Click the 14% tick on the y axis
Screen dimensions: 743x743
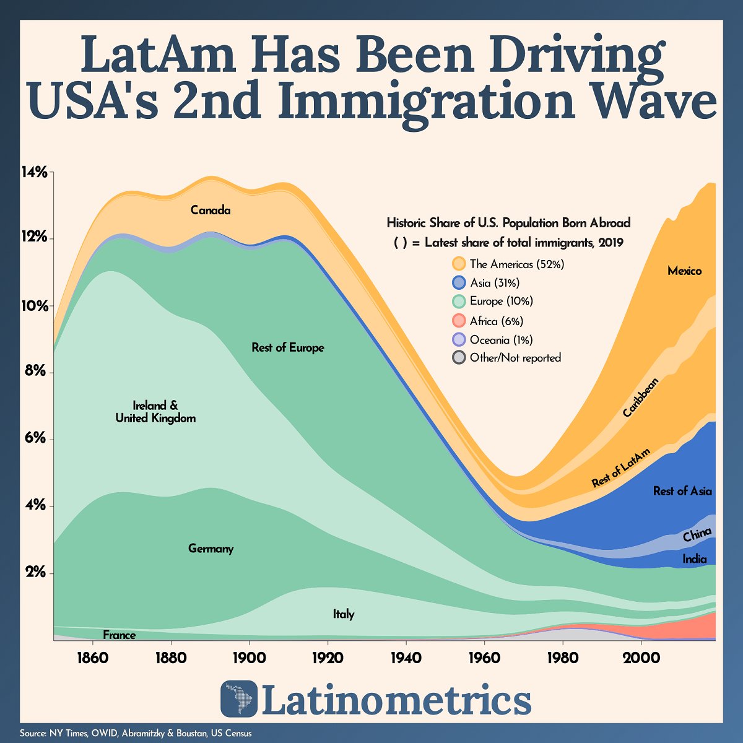point(35,172)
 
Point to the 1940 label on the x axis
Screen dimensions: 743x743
point(406,656)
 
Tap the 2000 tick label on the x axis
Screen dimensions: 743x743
point(641,656)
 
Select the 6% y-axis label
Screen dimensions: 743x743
point(35,439)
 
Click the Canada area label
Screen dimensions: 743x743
point(211,211)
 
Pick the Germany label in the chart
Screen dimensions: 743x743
point(211,549)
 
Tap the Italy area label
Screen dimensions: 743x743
point(344,614)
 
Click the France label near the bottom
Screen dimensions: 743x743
point(119,635)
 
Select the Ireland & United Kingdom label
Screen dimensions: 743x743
point(155,412)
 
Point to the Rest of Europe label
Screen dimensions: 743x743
point(288,348)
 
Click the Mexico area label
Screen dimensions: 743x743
point(684,271)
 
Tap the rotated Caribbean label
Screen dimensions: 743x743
point(640,397)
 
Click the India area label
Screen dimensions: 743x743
point(694,559)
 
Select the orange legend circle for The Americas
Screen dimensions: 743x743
point(458,264)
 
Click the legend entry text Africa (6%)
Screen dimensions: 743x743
point(496,321)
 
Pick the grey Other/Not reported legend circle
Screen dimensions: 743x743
point(458,357)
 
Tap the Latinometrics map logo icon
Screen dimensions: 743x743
point(238,699)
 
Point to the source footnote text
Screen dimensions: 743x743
point(136,733)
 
